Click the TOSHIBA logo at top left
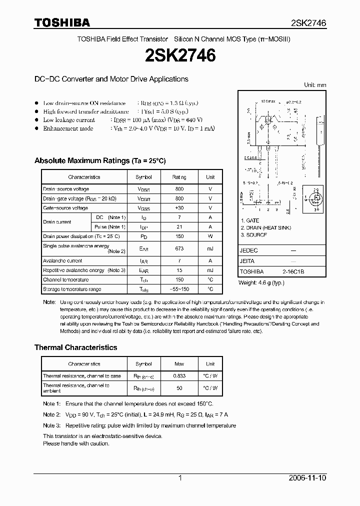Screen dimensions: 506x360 tap(62, 22)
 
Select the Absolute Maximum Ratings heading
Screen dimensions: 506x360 tap(99, 161)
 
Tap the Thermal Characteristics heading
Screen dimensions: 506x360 tap(75, 347)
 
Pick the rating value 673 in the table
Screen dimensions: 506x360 tap(179, 248)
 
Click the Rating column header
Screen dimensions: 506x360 tap(179, 177)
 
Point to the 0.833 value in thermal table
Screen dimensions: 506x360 tap(179, 375)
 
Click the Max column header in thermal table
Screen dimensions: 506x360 tap(179, 364)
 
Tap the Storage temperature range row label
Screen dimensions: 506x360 tap(72, 289)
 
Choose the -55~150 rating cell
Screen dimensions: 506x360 tap(179, 289)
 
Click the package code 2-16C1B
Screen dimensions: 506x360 tap(293, 271)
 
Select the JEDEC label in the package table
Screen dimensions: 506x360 tap(249, 250)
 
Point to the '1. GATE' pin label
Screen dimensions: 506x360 tap(250, 220)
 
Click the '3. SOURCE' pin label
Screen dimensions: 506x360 tap(254, 234)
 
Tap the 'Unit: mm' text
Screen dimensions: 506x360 tap(315, 85)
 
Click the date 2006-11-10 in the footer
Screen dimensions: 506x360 tap(307, 478)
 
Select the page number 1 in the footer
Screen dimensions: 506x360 tap(180, 478)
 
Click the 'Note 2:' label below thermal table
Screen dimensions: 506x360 tap(51, 414)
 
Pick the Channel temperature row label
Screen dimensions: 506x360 tap(65, 279)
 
